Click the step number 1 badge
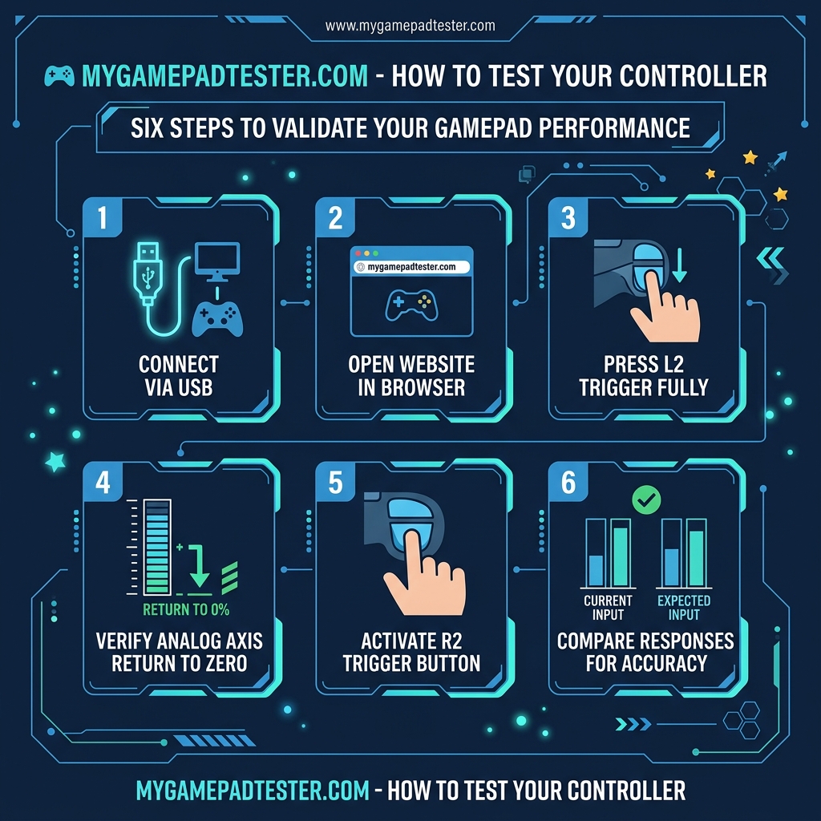(x=100, y=217)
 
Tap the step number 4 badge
(x=101, y=481)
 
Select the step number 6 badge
(x=568, y=481)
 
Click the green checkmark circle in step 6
(x=645, y=501)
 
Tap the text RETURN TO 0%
(x=186, y=609)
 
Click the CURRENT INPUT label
(x=608, y=608)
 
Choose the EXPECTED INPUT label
(x=684, y=608)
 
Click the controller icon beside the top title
(x=58, y=76)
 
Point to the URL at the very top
(x=410, y=26)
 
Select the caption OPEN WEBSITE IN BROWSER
(x=411, y=376)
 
